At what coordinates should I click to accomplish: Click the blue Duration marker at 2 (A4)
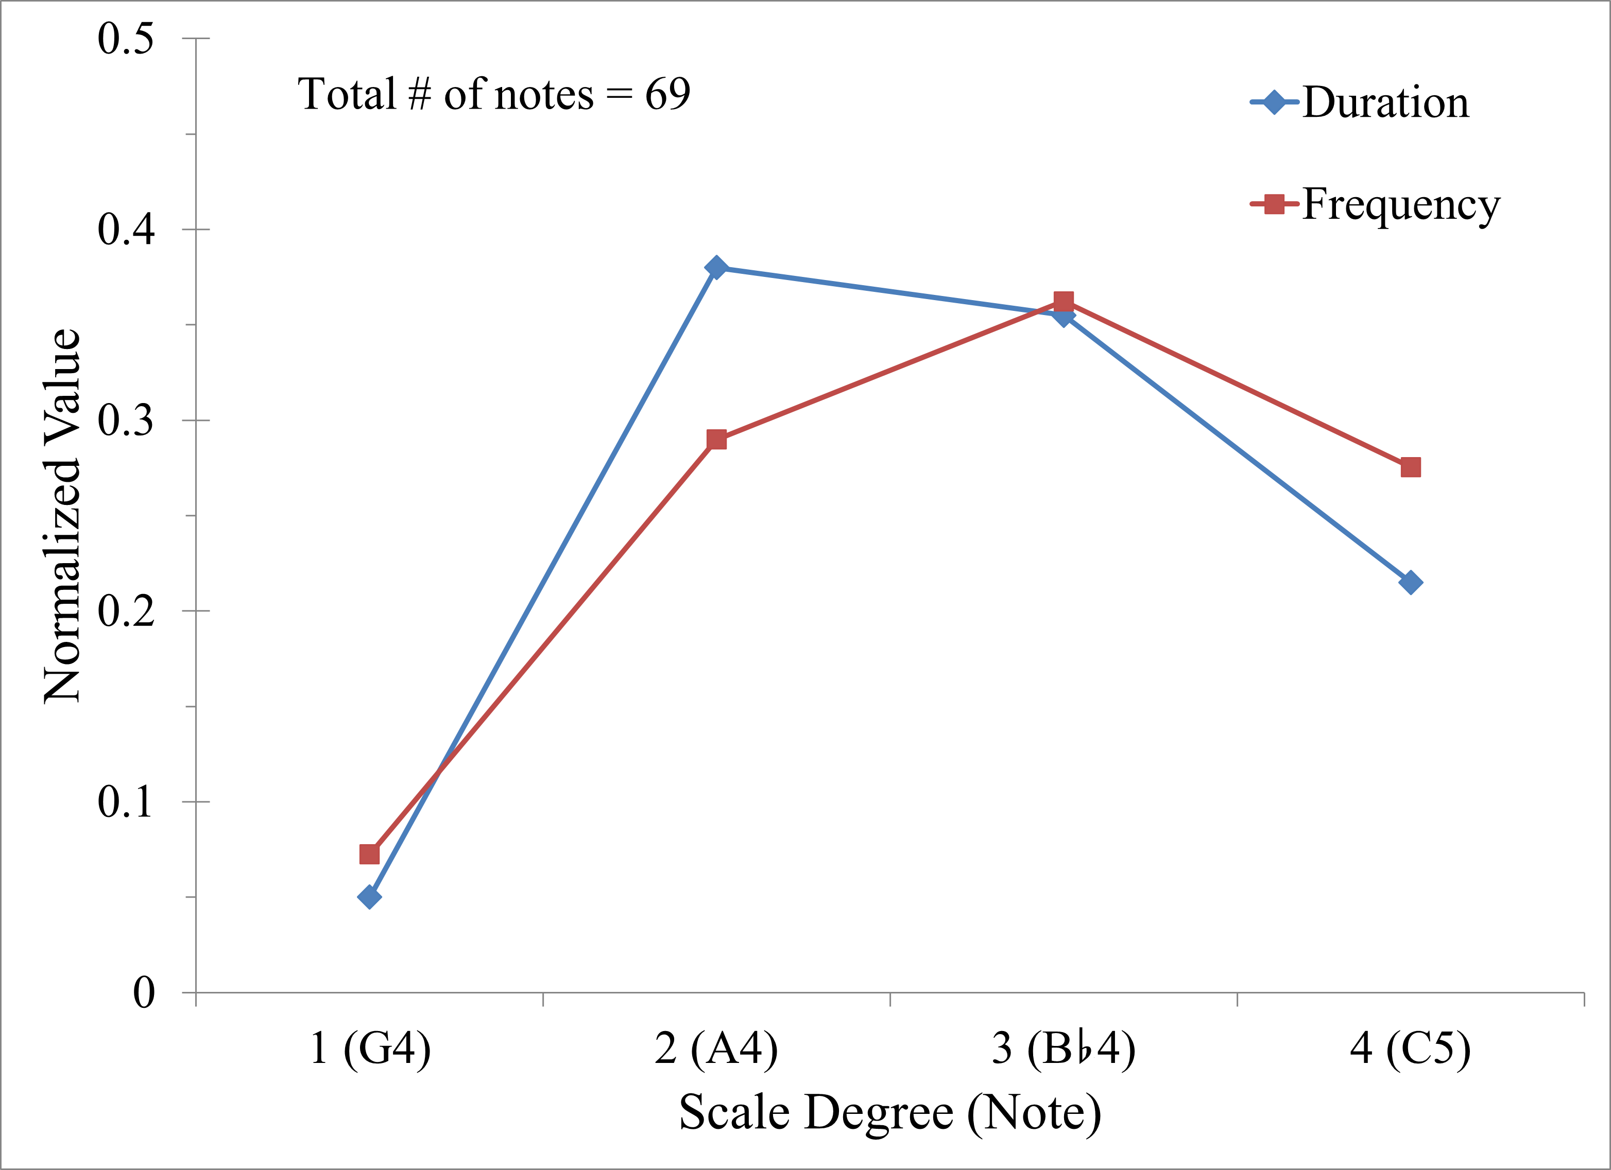pos(716,268)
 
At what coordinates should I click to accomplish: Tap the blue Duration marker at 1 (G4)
pos(369,897)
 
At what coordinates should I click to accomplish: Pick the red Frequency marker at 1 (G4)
pos(369,853)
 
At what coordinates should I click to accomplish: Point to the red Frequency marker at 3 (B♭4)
pos(1064,302)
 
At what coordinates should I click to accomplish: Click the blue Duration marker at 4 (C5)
pos(1410,583)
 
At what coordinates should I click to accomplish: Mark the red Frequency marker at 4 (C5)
pos(1410,467)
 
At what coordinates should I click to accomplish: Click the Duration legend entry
pos(1384,103)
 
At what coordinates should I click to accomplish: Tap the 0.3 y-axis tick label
pos(126,421)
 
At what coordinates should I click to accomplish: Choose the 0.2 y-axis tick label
pos(126,612)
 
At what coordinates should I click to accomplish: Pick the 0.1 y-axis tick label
pos(126,802)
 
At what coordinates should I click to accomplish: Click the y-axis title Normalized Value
pos(62,516)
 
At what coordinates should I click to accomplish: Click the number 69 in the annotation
pos(667,94)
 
